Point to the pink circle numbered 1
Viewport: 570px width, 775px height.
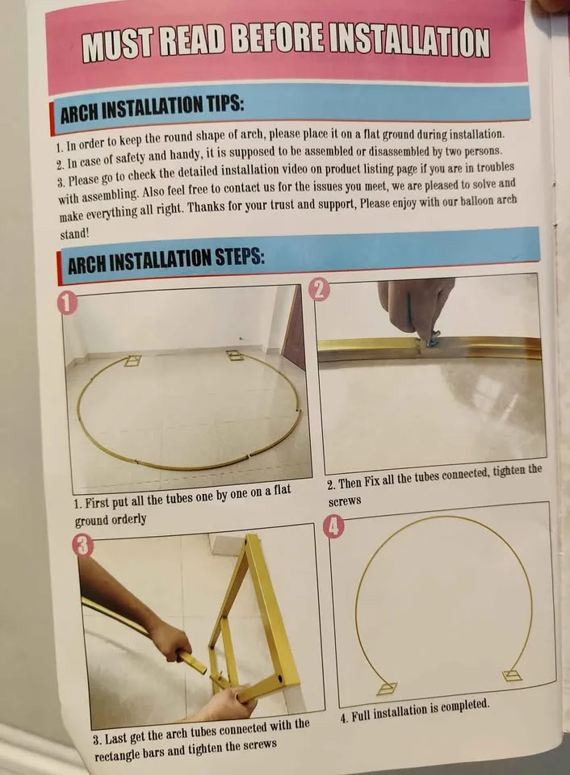coord(67,304)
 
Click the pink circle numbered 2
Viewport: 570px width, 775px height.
coord(319,289)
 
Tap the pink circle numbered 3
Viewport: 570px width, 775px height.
coord(82,547)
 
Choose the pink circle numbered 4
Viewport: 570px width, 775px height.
coord(334,526)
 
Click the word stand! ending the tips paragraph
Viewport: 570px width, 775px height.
coord(74,234)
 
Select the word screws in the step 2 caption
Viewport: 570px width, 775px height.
coord(345,501)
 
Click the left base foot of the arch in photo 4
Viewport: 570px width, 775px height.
coord(387,688)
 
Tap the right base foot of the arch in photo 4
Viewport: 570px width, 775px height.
coord(512,675)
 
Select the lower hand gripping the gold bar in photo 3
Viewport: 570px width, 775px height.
coord(233,702)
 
